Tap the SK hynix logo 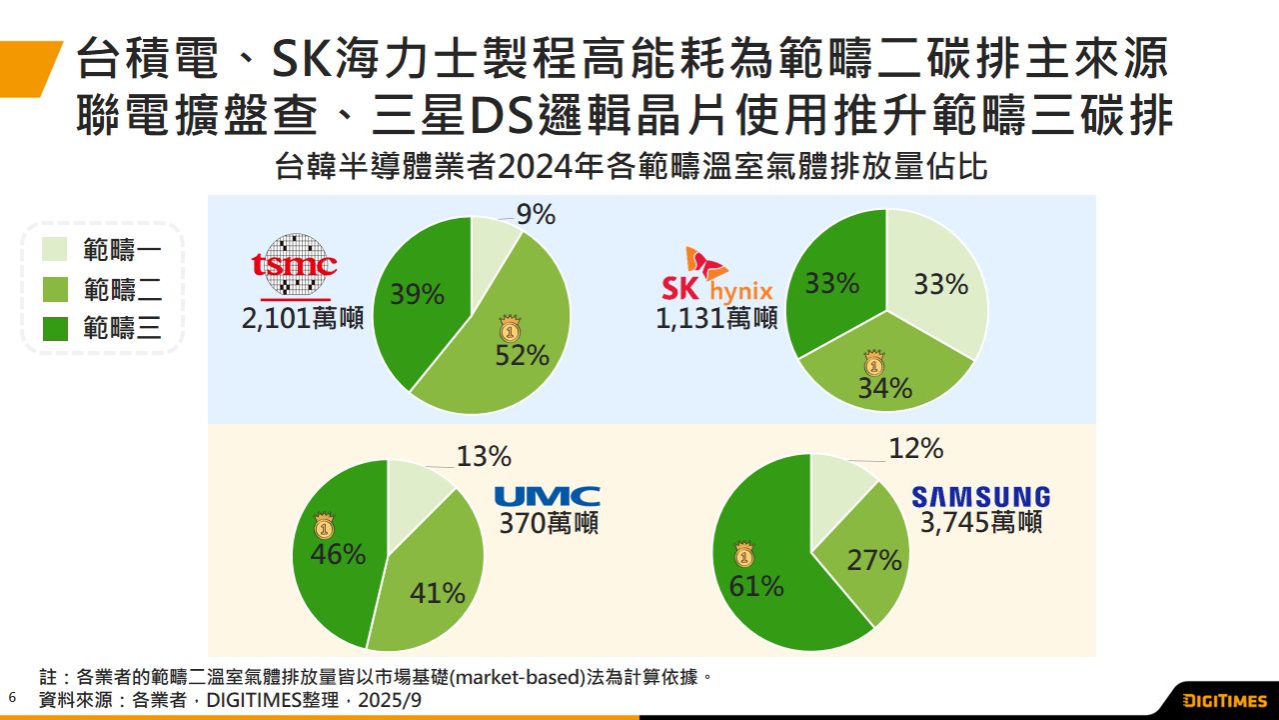[717, 277]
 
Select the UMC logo [548, 496]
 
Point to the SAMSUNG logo [980, 497]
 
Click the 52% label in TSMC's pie [522, 355]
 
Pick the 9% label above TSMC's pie [536, 215]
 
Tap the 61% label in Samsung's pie [755, 585]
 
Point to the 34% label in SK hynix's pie [884, 388]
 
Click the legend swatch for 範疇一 [56, 249]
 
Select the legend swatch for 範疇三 [56, 328]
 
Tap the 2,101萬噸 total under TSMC [302, 319]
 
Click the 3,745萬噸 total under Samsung [980, 522]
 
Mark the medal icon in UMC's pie [323, 527]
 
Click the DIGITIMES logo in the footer [1224, 700]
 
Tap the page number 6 [12, 696]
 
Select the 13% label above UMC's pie [484, 457]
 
